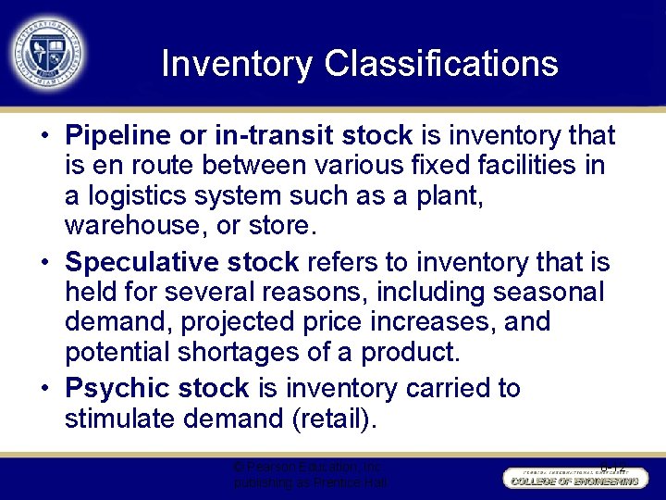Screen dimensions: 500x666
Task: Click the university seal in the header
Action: click(49, 53)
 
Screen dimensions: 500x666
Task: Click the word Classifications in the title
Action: click(441, 64)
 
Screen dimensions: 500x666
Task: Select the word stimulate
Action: click(121, 419)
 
